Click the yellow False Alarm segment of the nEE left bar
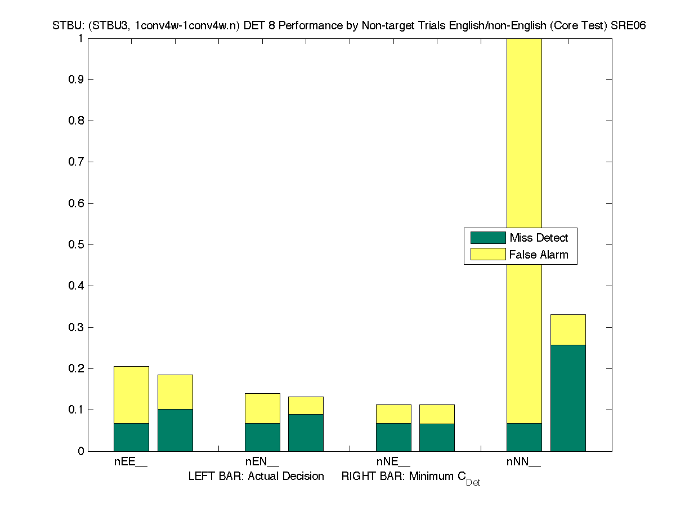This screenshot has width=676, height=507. (131, 394)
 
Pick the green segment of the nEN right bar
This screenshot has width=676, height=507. (306, 433)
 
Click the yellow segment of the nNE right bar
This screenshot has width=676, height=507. (437, 414)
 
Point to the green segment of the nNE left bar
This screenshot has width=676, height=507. (393, 437)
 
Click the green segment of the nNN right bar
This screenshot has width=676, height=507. (568, 398)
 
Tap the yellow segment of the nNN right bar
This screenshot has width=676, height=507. (568, 330)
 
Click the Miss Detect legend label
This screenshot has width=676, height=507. (539, 238)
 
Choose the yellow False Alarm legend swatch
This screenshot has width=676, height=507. (488, 254)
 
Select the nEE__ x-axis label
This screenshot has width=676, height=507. (131, 462)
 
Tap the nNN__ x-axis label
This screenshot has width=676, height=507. (523, 462)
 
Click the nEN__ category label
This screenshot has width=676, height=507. (262, 462)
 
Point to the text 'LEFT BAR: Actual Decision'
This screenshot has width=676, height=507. (256, 477)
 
